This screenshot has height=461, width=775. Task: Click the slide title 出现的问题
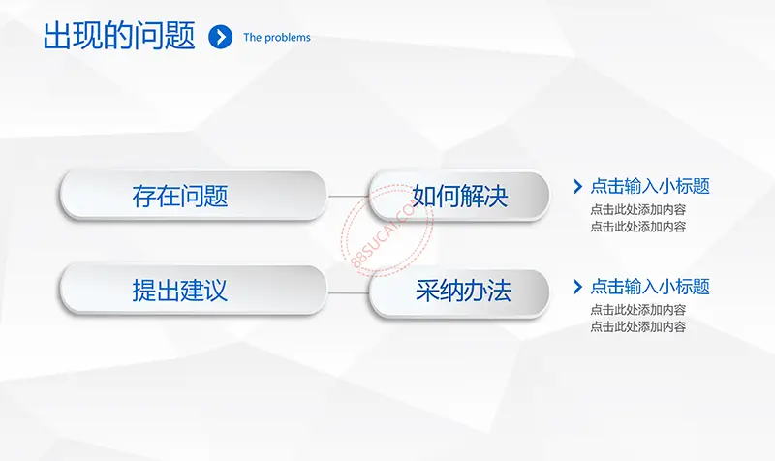(x=119, y=36)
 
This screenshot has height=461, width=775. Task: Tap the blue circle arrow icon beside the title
(x=221, y=37)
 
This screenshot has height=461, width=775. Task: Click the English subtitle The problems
(x=277, y=38)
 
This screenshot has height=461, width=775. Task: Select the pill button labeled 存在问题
(x=193, y=196)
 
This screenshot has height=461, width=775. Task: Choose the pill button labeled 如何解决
(x=459, y=196)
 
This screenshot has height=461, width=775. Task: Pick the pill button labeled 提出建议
(x=193, y=290)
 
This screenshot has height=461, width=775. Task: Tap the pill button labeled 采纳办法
(x=459, y=293)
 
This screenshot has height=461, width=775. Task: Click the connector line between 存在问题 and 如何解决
(x=348, y=197)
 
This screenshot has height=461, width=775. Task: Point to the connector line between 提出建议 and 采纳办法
(x=348, y=293)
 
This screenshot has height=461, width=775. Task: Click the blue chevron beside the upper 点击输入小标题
(x=577, y=186)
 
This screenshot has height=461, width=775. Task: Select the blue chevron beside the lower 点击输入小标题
(x=577, y=287)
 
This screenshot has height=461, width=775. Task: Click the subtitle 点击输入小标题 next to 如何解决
(x=650, y=186)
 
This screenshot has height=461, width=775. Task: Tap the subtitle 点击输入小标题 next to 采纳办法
(x=650, y=287)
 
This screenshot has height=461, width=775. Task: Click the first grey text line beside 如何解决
(x=638, y=210)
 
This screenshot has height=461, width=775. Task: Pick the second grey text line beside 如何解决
(x=638, y=227)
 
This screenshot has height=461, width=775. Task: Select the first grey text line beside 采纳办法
(x=638, y=310)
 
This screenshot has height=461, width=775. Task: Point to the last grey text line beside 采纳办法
(x=638, y=326)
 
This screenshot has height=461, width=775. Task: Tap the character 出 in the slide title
(x=57, y=36)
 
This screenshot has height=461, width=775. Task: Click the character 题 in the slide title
(x=180, y=36)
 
